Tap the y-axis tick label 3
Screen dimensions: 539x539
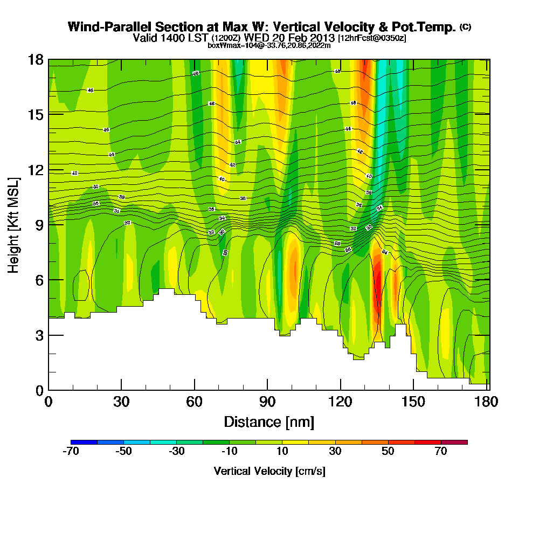(39, 335)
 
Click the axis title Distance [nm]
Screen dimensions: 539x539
(269, 421)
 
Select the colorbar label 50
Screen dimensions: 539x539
(388, 452)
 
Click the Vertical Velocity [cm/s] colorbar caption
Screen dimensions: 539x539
(269, 471)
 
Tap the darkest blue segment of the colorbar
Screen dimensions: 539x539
(84, 442)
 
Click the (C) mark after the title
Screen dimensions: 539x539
(465, 26)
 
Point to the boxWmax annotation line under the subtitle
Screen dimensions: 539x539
(269, 45)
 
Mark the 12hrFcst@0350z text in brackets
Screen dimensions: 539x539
(372, 38)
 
